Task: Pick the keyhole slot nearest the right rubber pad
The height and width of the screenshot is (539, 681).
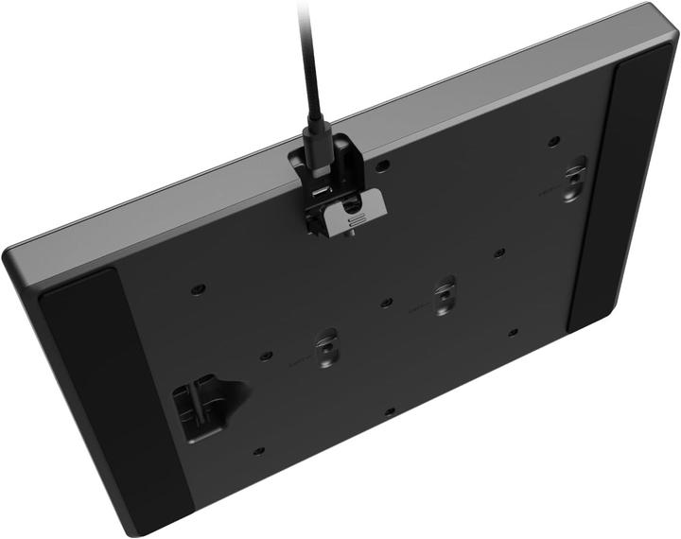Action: (x=574, y=180)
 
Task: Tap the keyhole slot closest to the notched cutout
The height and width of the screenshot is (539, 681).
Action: (x=325, y=348)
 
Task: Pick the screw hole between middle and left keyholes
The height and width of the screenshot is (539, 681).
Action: (x=386, y=303)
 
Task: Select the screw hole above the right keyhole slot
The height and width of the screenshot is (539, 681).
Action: (x=553, y=143)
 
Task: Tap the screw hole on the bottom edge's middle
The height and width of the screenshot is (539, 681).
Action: (x=389, y=410)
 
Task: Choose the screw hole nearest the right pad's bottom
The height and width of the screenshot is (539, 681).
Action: (x=512, y=333)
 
